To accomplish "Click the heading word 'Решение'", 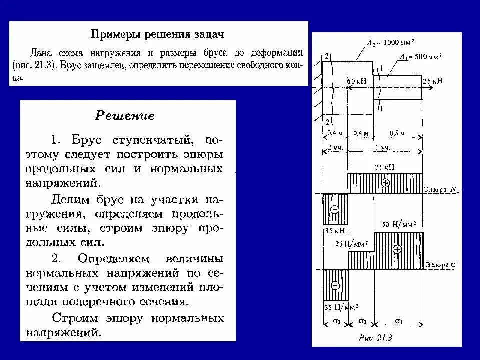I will [x=125, y=116].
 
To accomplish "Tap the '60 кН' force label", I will [x=357, y=80].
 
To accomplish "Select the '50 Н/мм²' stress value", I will [x=399, y=224].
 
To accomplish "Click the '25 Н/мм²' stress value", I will [x=349, y=244].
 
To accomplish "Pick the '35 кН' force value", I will [x=334, y=231].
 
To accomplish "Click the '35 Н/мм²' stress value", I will [x=340, y=307].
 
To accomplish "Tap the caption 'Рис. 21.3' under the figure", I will [x=375, y=337].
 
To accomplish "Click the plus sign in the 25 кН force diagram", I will [x=385, y=183].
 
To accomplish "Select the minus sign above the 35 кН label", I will [x=334, y=209].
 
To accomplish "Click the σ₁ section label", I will [x=399, y=321].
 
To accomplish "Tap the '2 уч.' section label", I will [x=334, y=148].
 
